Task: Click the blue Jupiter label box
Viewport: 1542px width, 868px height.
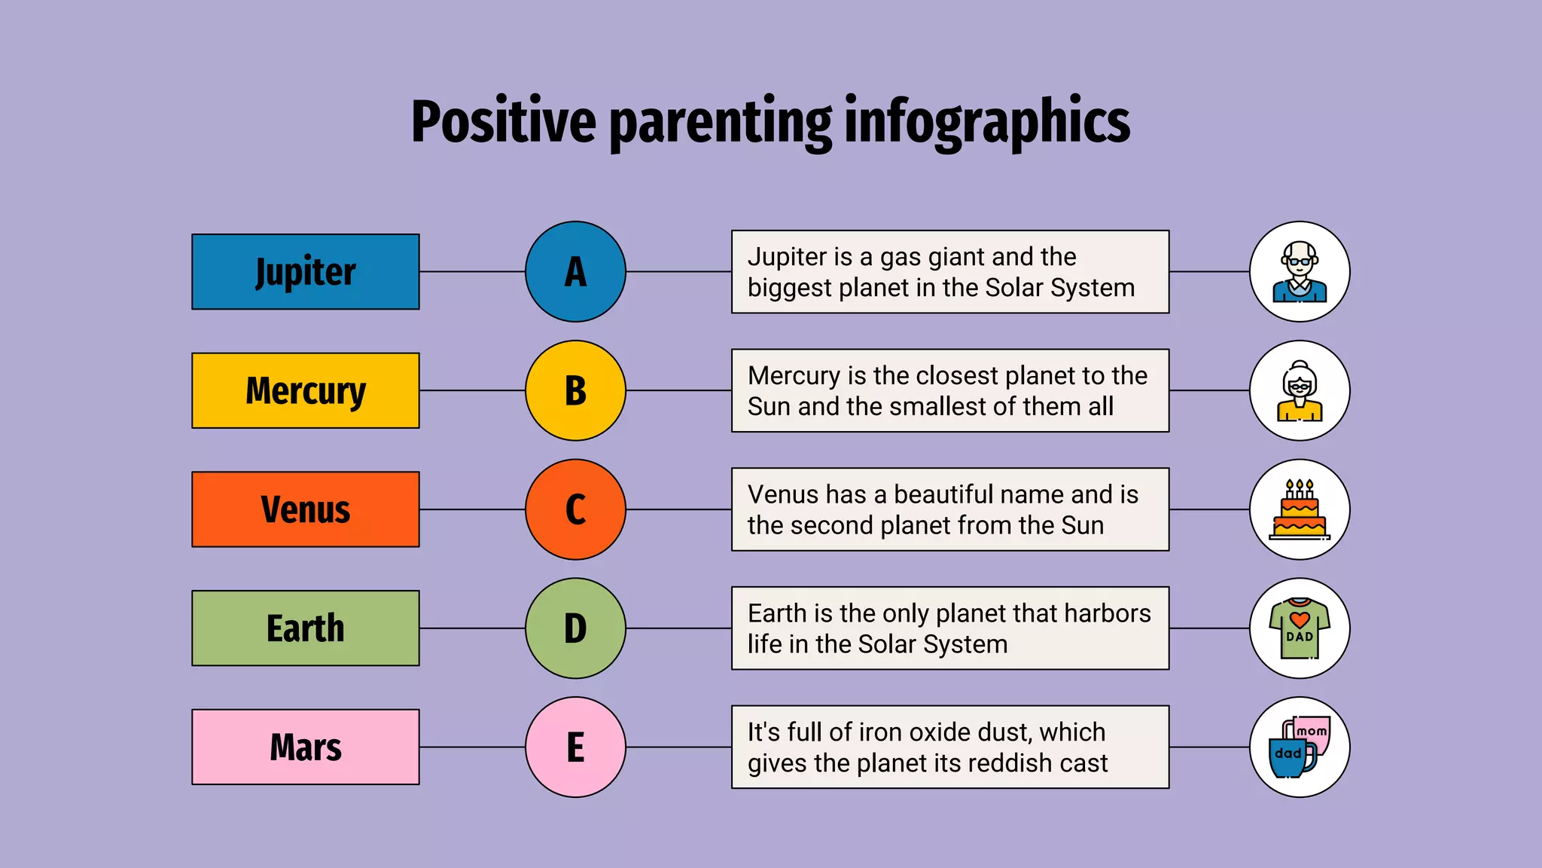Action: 305,271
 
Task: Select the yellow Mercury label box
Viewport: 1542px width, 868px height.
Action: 305,390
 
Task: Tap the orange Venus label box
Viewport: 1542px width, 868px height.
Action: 305,509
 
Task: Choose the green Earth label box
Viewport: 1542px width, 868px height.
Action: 305,628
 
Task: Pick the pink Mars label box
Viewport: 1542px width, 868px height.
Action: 305,747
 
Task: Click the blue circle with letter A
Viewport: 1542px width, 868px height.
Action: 575,271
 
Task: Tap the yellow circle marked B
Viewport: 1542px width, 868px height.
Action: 575,390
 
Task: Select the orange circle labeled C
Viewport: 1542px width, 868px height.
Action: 575,509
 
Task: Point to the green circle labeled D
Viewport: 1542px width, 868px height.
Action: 575,628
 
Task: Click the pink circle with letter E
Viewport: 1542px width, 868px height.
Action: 575,747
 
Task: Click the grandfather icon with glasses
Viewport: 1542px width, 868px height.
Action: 1300,271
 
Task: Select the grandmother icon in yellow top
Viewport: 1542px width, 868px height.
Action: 1300,390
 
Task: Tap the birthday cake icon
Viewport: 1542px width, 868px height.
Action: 1300,509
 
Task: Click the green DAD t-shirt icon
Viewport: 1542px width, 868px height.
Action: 1300,628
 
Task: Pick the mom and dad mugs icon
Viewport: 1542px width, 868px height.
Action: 1300,747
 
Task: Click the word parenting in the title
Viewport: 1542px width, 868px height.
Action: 721,122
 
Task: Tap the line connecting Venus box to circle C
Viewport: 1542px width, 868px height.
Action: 472,509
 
